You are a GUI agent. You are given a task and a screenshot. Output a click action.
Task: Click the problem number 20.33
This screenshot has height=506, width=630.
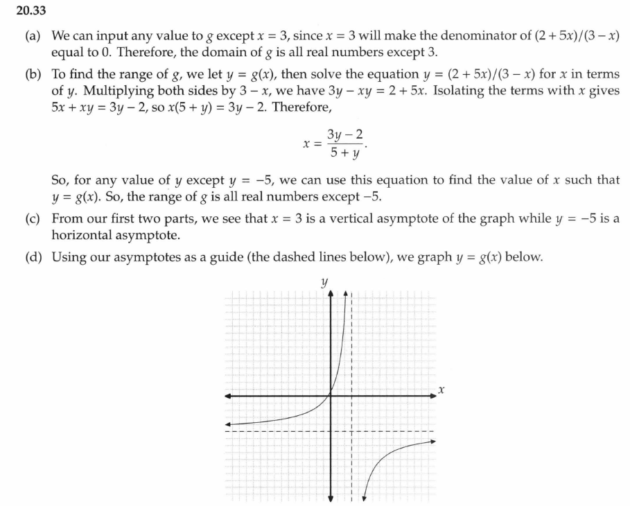[20, 9]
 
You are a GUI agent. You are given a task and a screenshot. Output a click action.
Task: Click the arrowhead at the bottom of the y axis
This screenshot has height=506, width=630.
[331, 496]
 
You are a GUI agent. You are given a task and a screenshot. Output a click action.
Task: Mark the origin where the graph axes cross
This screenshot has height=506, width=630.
[331, 396]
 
